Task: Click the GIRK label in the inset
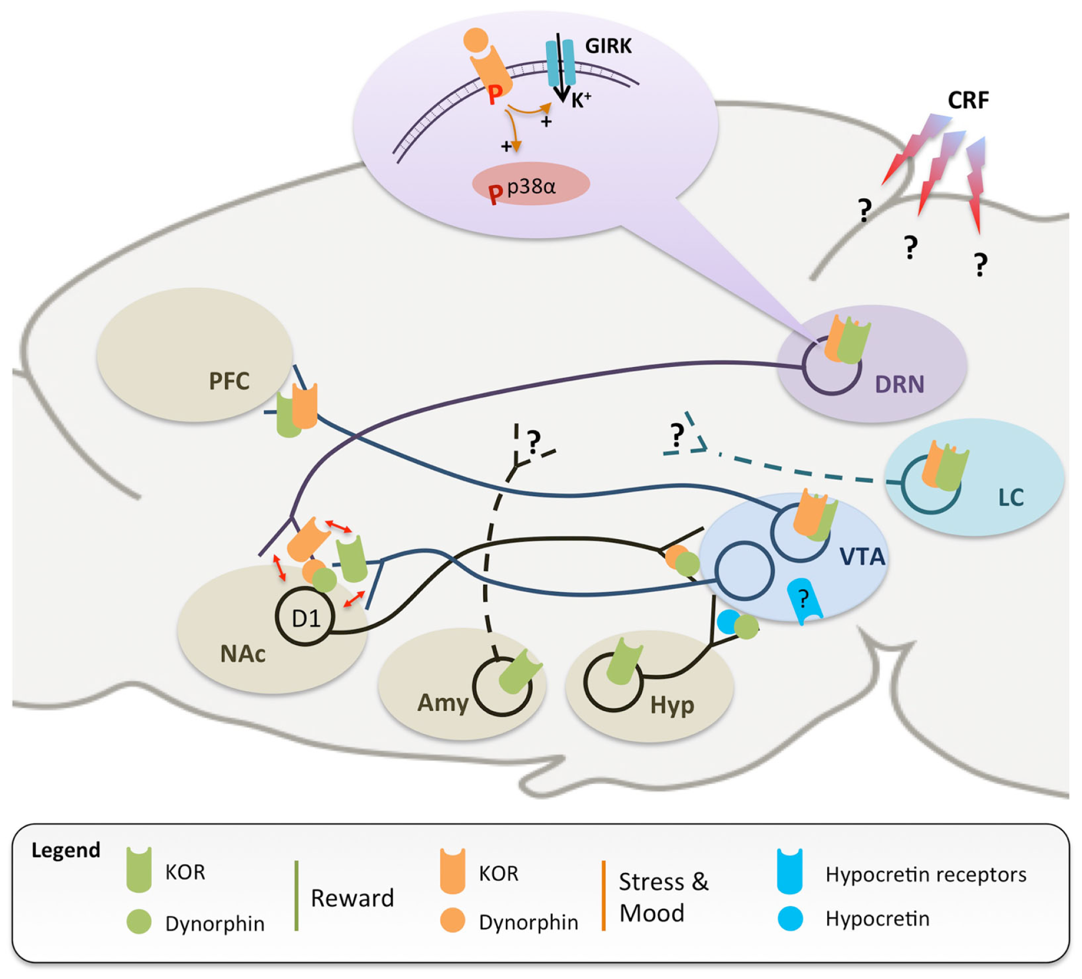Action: (x=608, y=46)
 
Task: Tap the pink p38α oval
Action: (x=531, y=184)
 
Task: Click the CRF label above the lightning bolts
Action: (x=968, y=100)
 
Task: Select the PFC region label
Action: (x=229, y=381)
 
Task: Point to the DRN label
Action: (x=899, y=384)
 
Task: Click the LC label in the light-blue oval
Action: (x=1011, y=498)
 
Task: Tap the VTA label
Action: (x=862, y=557)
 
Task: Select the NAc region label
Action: (x=243, y=654)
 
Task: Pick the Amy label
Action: (x=443, y=703)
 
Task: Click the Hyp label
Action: (x=671, y=705)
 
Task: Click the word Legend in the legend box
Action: (x=66, y=850)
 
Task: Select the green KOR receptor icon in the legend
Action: (x=139, y=870)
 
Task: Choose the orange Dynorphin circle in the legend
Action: (x=452, y=921)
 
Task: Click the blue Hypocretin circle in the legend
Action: (x=790, y=919)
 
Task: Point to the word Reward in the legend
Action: (x=352, y=898)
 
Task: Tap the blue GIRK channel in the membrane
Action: (x=560, y=63)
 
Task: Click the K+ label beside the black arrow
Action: (x=580, y=100)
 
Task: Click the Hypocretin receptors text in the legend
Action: (x=926, y=875)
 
